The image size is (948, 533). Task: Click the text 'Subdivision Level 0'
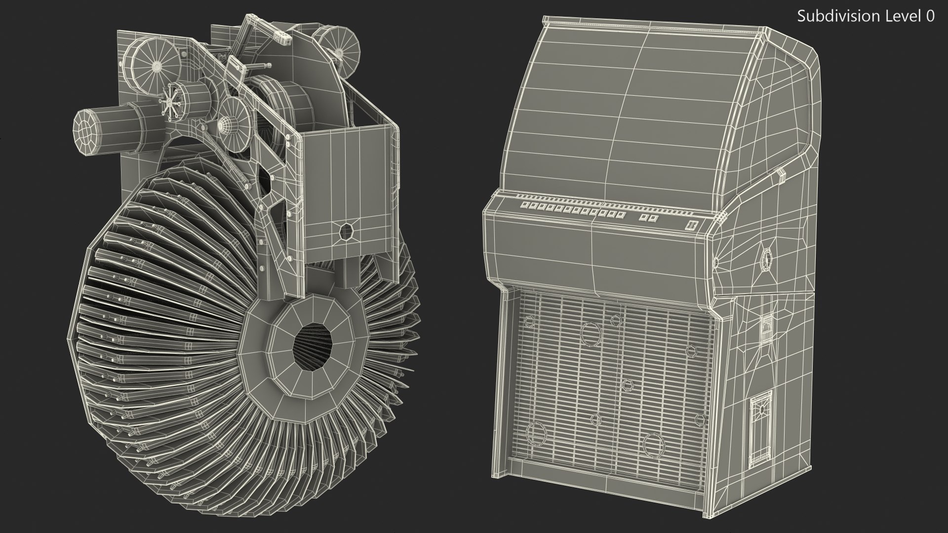(x=866, y=16)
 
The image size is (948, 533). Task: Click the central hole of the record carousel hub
(x=313, y=345)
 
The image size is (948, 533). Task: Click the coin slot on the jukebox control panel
(x=691, y=226)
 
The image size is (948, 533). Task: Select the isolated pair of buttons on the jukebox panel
(x=649, y=218)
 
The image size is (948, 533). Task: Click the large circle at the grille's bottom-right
(x=653, y=445)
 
